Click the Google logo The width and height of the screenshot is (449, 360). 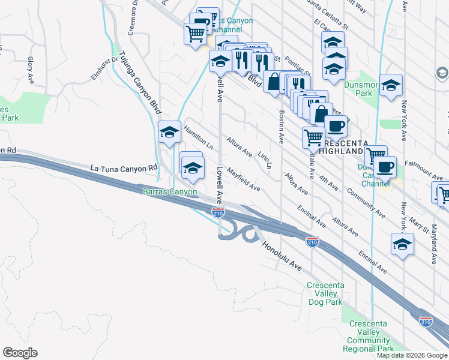pyautogui.click(x=20, y=353)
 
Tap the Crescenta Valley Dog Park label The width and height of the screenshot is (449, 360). pyautogui.click(x=324, y=293)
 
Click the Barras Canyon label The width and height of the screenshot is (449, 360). pyautogui.click(x=170, y=192)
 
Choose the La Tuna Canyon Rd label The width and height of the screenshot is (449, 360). pyautogui.click(x=123, y=169)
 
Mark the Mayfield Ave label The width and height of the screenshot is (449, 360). pyautogui.click(x=243, y=179)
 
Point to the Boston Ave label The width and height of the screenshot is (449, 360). pyautogui.click(x=280, y=126)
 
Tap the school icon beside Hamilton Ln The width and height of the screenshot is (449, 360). pyautogui.click(x=170, y=131)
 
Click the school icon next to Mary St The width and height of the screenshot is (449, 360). pyautogui.click(x=402, y=244)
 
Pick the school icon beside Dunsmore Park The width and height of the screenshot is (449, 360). pyautogui.click(x=391, y=85)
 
